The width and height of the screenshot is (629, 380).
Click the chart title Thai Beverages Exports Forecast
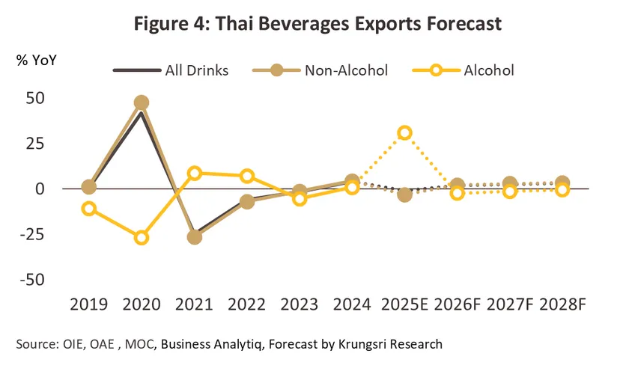point(318,24)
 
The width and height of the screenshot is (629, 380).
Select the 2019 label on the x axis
point(88,304)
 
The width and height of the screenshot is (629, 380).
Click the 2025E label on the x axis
point(405,304)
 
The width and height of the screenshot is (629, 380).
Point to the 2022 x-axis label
point(247,304)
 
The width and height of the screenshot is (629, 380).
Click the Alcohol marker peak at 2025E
point(405,133)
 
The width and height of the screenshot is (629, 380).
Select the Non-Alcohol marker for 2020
point(141,102)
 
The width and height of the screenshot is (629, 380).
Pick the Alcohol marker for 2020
point(141,238)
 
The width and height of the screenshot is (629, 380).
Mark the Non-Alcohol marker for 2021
point(194,237)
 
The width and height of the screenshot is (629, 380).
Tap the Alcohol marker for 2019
point(88,209)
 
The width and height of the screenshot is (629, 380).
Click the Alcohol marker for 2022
point(247,177)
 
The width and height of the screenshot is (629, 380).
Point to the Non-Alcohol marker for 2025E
point(405,195)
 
